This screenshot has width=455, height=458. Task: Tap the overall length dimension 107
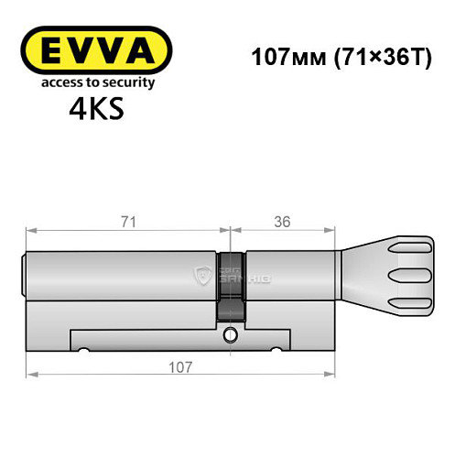pos(180,366)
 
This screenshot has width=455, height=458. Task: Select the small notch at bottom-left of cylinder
pos(84,350)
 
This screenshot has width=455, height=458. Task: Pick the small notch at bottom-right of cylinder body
pos(274,350)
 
